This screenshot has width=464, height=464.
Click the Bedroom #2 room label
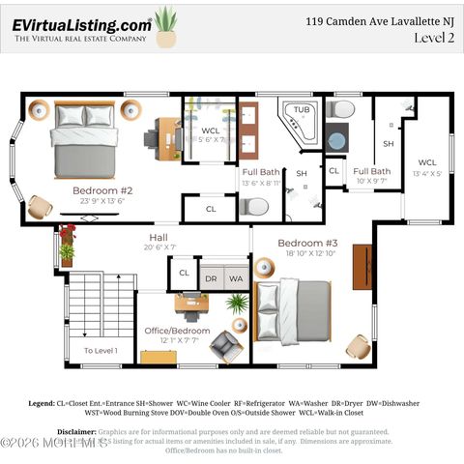click(102, 190)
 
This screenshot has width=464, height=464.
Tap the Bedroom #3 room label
click(307, 243)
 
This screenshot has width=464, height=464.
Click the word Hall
click(159, 237)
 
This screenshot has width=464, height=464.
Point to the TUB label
click(303, 110)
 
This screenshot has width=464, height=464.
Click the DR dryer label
click(211, 277)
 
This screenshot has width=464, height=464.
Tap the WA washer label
click(236, 277)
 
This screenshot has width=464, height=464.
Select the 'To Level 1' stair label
click(101, 350)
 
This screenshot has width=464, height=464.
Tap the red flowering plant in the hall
click(67, 233)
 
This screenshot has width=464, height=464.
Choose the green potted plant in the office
click(237, 304)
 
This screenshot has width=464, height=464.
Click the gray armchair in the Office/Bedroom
click(227, 345)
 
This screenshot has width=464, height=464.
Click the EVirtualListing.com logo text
click(82, 25)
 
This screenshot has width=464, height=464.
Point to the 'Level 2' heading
click(434, 38)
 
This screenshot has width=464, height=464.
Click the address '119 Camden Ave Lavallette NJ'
click(379, 19)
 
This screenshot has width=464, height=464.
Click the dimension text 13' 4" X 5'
click(427, 175)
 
